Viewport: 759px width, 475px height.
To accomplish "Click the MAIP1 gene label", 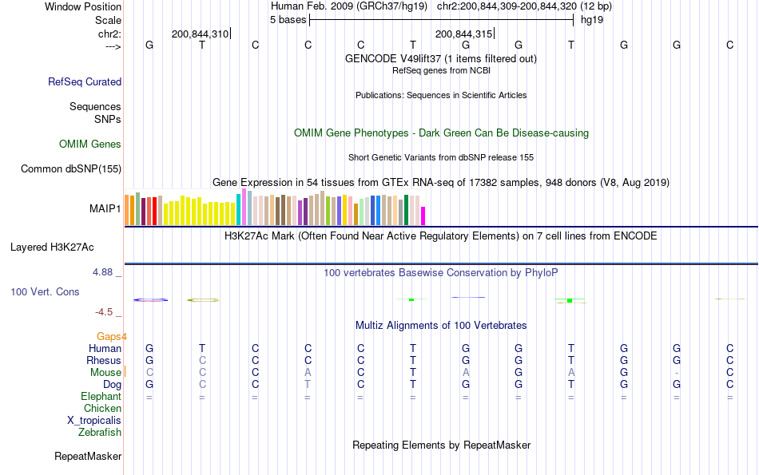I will [105, 209].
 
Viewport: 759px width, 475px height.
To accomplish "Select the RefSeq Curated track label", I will [85, 81].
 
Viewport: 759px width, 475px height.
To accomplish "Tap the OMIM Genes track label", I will [90, 144].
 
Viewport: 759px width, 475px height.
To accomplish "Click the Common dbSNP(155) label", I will [71, 168].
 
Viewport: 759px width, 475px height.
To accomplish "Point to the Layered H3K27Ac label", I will [66, 247].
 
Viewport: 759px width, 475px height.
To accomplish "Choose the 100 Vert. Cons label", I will [45, 292].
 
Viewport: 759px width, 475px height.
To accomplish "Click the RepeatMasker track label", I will [88, 457].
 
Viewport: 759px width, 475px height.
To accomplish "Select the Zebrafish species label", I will [100, 433].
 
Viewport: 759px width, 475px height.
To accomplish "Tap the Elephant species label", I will [101, 397].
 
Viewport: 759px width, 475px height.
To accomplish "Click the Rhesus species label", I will [104, 361].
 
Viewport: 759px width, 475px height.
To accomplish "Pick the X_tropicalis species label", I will [94, 421].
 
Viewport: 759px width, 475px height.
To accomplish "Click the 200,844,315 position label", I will [463, 34].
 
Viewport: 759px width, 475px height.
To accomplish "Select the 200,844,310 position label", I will [200, 34].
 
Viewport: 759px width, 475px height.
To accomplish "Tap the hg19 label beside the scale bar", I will [592, 19].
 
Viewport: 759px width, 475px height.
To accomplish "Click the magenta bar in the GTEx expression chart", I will [423, 216].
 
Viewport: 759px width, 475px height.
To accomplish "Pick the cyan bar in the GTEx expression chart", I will [239, 210].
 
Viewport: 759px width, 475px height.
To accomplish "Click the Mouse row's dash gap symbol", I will [677, 373].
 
